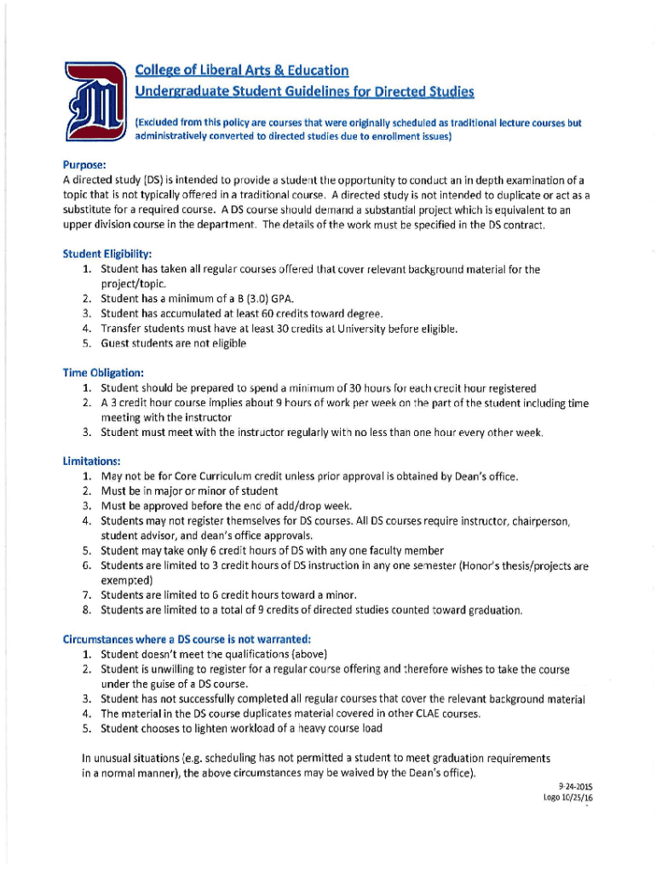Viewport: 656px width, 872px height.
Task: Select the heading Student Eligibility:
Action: pyautogui.click(x=107, y=254)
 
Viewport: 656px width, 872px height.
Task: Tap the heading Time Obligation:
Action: pyautogui.click(x=102, y=372)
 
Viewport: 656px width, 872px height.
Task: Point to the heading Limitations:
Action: pyautogui.click(x=90, y=461)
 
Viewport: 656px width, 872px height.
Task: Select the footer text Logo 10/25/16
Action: pyautogui.click(x=567, y=798)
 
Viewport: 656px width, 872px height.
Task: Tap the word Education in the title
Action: pyautogui.click(x=310, y=70)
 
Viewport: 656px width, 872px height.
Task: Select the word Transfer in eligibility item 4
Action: pyautogui.click(x=121, y=329)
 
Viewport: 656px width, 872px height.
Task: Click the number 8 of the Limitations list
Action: pyautogui.click(x=87, y=610)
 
